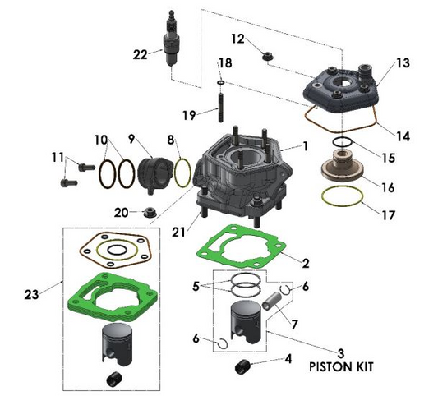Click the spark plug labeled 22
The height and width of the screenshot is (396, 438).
point(172,42)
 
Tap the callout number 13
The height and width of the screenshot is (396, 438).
point(402,63)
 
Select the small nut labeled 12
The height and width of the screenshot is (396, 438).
point(267,56)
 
